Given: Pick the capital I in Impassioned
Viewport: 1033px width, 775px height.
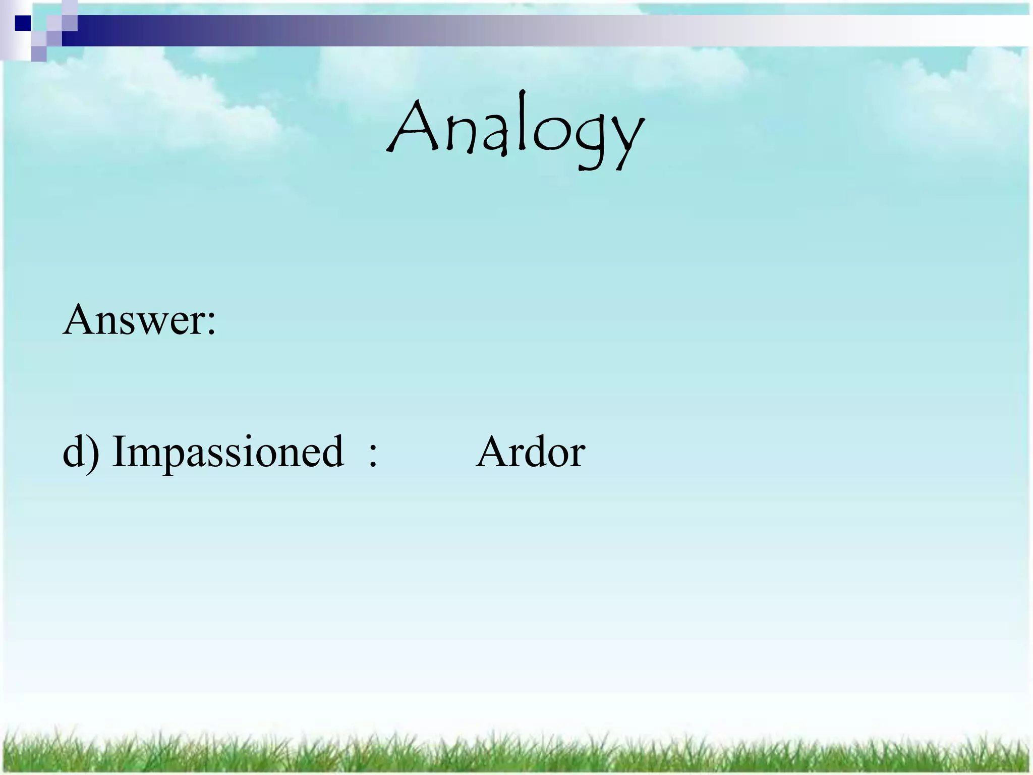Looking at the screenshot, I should coord(119,451).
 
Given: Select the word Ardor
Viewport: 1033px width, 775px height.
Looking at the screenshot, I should coord(530,452).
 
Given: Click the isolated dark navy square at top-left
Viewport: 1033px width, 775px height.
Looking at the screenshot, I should coord(23,23).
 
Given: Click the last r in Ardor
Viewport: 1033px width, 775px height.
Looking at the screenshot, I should coord(578,457).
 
